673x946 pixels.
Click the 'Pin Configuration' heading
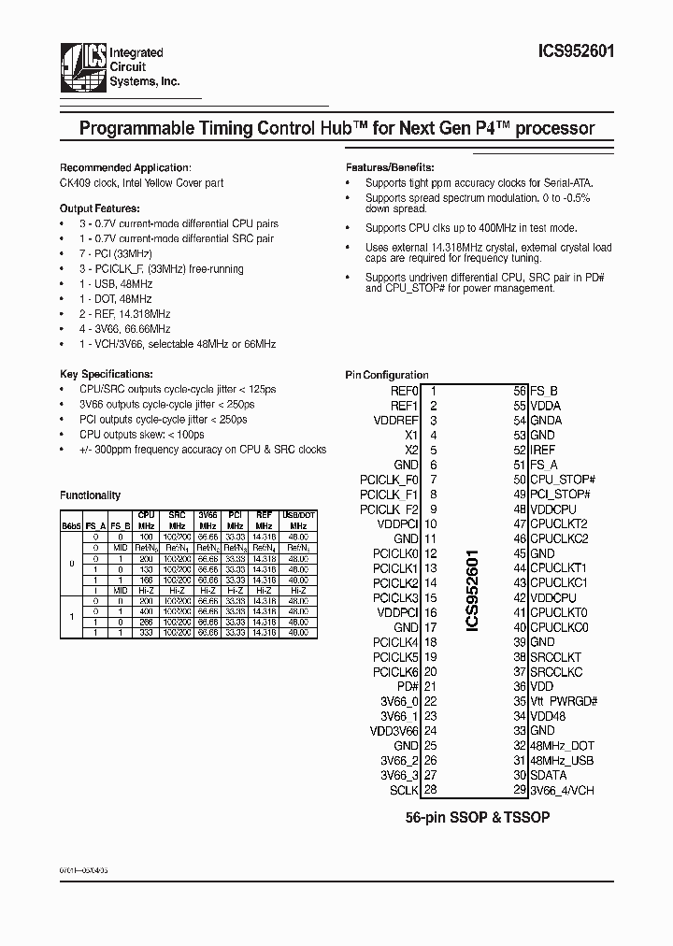pos(387,375)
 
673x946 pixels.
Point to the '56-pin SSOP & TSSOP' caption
pos(477,816)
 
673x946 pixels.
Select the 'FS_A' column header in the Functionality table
pos(95,527)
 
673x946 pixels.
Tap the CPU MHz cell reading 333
pos(147,633)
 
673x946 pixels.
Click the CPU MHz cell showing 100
pos(147,537)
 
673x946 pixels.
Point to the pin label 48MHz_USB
pos(562,761)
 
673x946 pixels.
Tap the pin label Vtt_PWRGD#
pos(563,701)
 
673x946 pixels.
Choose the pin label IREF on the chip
pos(543,450)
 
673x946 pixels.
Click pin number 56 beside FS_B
pos(520,391)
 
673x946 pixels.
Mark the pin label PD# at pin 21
pos(408,686)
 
